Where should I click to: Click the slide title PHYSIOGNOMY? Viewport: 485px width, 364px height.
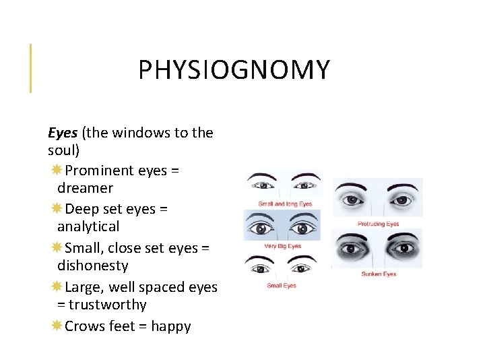(x=234, y=70)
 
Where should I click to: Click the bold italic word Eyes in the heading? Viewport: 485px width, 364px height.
(x=63, y=133)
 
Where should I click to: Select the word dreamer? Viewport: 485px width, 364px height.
(x=85, y=188)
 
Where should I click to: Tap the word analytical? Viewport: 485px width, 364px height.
(x=88, y=226)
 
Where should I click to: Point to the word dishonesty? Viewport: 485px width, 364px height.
(x=92, y=266)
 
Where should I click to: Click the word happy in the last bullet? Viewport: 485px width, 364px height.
(x=171, y=326)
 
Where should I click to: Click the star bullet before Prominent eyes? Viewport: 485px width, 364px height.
(x=57, y=171)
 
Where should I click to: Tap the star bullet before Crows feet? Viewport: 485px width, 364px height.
(x=57, y=326)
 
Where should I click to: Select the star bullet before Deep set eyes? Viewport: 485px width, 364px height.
(x=57, y=209)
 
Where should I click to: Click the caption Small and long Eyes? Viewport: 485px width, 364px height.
(x=285, y=204)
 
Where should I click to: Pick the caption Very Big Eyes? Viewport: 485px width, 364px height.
(x=282, y=246)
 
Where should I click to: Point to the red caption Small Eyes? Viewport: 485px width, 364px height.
(x=282, y=286)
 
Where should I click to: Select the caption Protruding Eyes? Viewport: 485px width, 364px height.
(x=378, y=224)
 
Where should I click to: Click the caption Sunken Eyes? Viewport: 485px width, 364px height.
(x=379, y=274)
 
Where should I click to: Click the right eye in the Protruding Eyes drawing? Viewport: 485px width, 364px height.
(x=401, y=200)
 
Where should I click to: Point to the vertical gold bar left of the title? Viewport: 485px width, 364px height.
(x=30, y=67)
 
